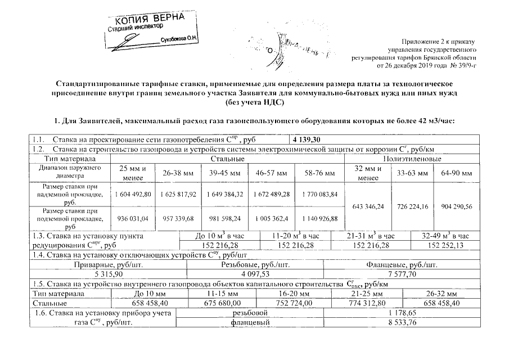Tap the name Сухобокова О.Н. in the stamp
tap(182, 40)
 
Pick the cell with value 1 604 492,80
tap(133, 194)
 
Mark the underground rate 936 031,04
tap(133, 218)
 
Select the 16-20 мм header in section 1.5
tap(294, 294)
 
